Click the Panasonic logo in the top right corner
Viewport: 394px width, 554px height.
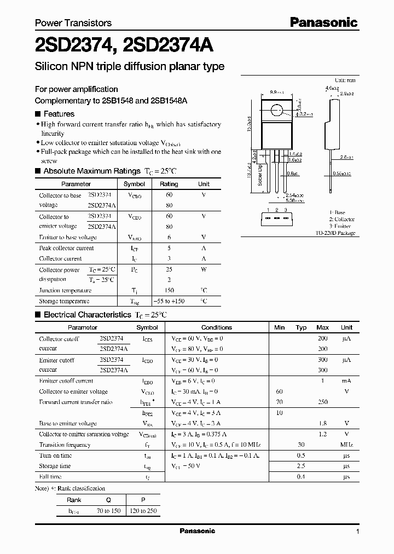pos(323,22)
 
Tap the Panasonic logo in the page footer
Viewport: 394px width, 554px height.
pos(198,531)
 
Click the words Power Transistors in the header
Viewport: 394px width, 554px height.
pos(73,23)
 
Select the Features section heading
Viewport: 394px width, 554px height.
pos(59,114)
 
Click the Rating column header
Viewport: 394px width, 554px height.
pos(169,184)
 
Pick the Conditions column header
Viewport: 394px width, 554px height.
pos(217,327)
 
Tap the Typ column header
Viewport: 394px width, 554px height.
pos(301,327)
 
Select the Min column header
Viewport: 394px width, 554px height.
pos(279,327)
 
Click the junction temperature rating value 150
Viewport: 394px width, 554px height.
pos(169,291)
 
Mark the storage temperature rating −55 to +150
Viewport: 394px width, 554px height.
pos(169,301)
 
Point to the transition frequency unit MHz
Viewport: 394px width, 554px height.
pos(346,445)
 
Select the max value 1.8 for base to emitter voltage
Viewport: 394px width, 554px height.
pos(323,424)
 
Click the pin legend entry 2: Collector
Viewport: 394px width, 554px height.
pos(342,219)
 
